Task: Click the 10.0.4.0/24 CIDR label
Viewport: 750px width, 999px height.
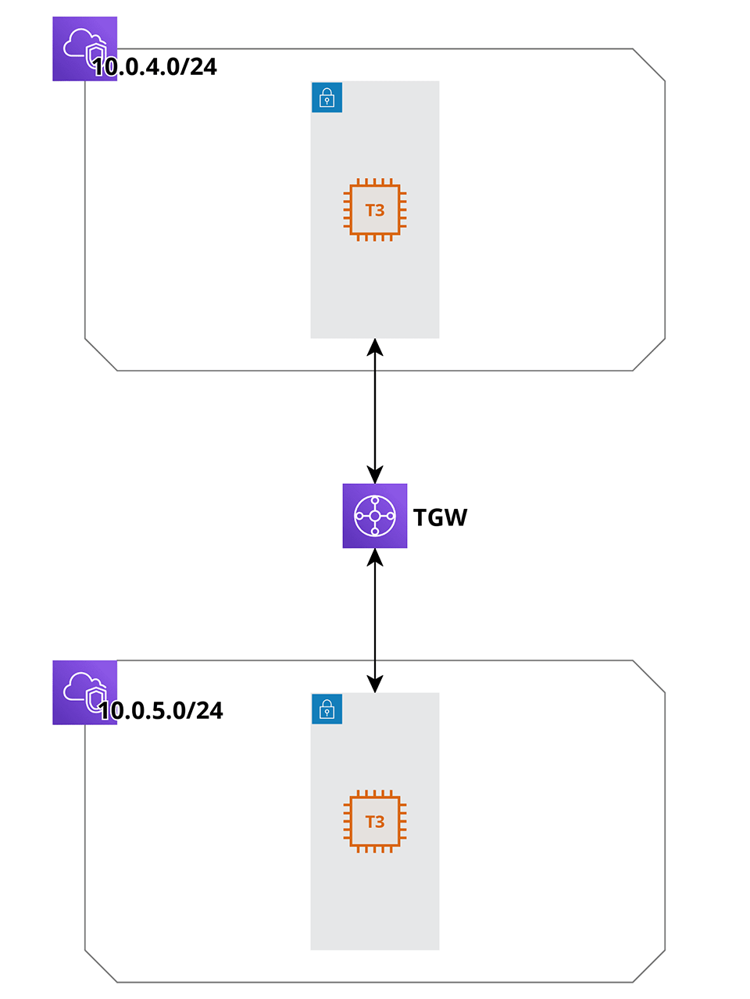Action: click(155, 67)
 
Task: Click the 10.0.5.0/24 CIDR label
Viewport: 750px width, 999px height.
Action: click(161, 711)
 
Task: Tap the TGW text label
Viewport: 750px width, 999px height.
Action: click(440, 517)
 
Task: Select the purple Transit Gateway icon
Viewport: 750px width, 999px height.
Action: click(375, 516)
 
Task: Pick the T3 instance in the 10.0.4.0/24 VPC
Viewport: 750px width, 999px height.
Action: click(375, 210)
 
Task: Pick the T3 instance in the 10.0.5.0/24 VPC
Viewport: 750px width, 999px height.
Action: click(375, 822)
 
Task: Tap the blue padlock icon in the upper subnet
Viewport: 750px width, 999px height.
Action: click(327, 98)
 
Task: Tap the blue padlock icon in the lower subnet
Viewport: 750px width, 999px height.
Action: click(327, 709)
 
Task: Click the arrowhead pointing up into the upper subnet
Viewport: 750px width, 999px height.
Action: click(375, 347)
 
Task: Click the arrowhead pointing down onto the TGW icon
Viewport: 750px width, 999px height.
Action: click(375, 475)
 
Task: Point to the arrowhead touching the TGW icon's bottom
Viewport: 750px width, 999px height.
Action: click(375, 557)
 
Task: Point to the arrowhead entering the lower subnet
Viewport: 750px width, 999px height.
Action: click(375, 684)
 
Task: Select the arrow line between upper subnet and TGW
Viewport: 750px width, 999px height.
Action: click(375, 411)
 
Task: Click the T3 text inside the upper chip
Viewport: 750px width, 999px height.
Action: click(375, 211)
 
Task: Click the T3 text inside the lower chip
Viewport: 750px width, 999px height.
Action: click(375, 823)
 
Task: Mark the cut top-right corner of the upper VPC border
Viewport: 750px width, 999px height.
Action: click(648, 65)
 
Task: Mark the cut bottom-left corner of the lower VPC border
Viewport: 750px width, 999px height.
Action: click(101, 966)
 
